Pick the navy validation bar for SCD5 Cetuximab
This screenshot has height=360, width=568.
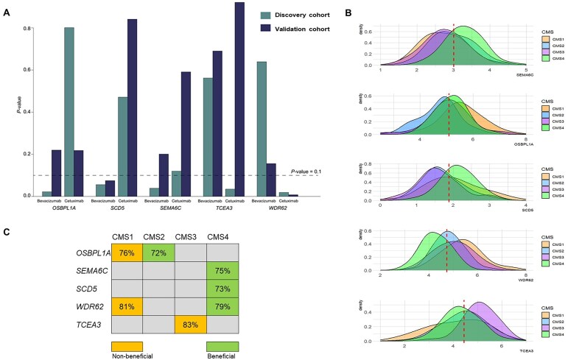coord(132,107)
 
